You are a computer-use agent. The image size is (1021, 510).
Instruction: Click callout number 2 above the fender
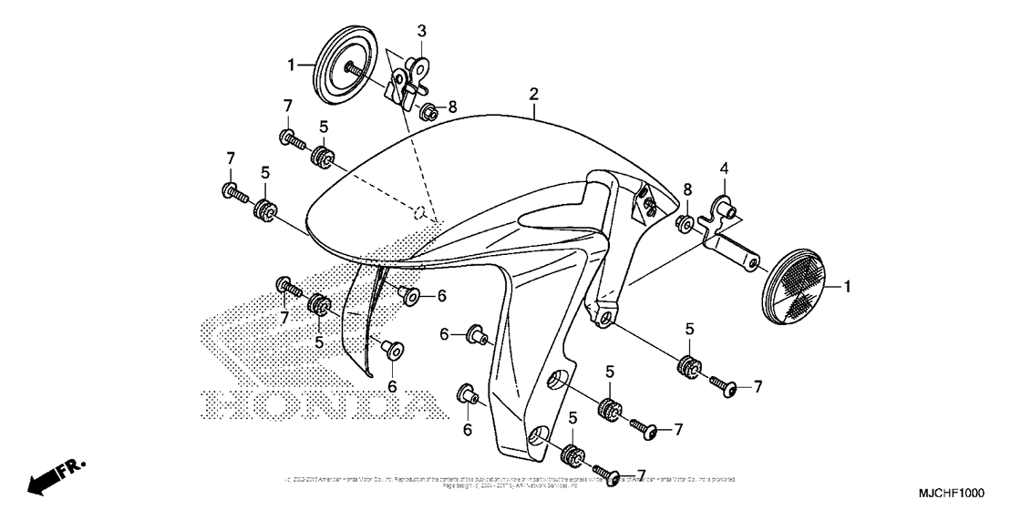(533, 95)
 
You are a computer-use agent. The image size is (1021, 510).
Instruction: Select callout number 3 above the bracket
(421, 31)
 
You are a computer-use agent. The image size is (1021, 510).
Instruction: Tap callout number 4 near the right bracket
(725, 168)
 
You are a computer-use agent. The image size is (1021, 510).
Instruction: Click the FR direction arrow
(54, 476)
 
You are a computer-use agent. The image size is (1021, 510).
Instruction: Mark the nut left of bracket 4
(683, 223)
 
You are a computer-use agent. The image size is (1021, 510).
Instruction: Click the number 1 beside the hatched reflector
(847, 287)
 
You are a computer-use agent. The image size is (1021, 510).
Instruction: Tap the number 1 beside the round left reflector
(292, 65)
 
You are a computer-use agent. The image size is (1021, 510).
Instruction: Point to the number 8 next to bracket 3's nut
(452, 107)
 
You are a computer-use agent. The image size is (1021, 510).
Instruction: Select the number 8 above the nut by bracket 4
(688, 189)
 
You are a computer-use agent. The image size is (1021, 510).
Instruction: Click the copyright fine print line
(510, 481)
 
